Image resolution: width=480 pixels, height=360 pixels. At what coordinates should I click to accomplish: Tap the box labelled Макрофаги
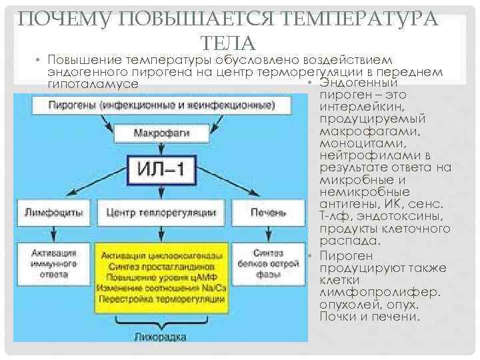click(161, 133)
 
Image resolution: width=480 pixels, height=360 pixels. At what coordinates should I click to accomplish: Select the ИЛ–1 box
click(161, 170)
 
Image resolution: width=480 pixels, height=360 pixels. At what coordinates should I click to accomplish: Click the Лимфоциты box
click(54, 213)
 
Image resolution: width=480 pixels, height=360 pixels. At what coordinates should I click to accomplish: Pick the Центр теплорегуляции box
click(161, 213)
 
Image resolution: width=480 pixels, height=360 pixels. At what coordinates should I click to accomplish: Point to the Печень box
click(269, 213)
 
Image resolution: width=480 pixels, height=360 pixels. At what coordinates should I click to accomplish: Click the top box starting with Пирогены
click(161, 105)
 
